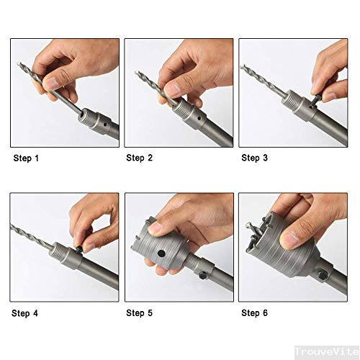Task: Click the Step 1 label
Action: pyautogui.click(x=27, y=158)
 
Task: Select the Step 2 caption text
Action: pyautogui.click(x=140, y=158)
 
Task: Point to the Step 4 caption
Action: pyautogui.click(x=27, y=313)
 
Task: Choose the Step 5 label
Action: pyautogui.click(x=140, y=313)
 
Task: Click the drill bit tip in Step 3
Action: pyautogui.click(x=242, y=67)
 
